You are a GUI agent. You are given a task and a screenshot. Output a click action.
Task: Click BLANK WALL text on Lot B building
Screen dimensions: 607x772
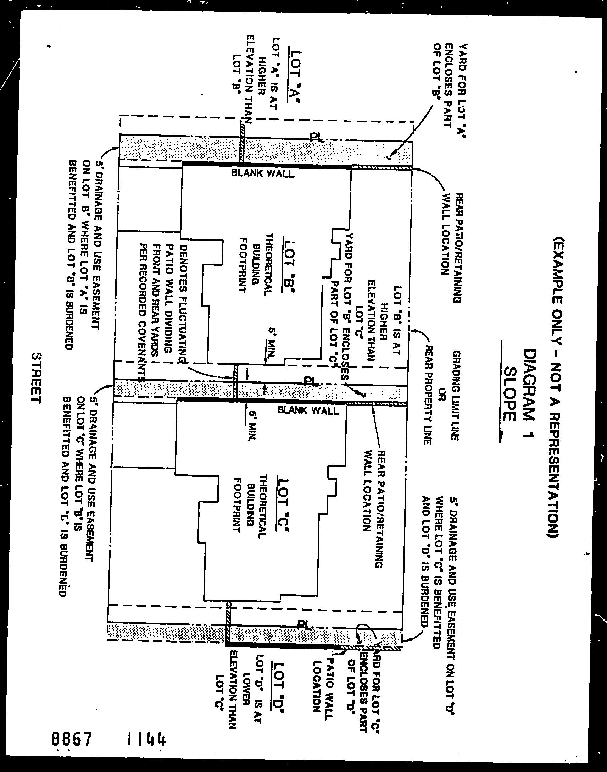tap(263, 173)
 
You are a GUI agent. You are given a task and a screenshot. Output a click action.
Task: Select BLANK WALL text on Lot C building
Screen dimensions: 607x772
tap(308, 411)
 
